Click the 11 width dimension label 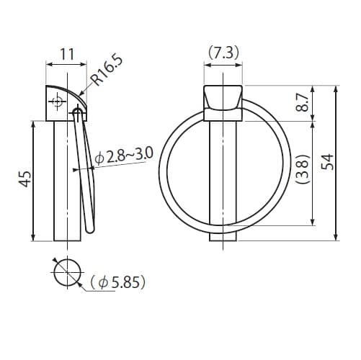click(x=67, y=55)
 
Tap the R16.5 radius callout click(x=107, y=71)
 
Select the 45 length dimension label click(x=25, y=179)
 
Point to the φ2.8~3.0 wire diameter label click(x=124, y=156)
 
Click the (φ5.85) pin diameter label click(x=118, y=282)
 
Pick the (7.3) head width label click(x=223, y=53)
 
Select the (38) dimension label click(x=303, y=169)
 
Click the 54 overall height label click(x=328, y=162)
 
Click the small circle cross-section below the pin click(x=67, y=273)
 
